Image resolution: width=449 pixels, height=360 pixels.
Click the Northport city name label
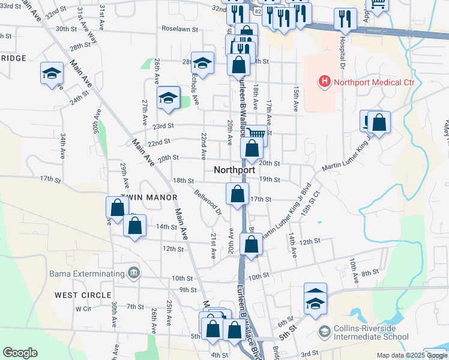pyautogui.click(x=234, y=170)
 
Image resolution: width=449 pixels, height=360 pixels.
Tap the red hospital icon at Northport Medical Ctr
pyautogui.click(x=324, y=82)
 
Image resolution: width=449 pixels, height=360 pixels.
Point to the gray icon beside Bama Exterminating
pyautogui.click(x=133, y=274)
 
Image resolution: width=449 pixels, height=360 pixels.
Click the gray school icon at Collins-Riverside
pyautogui.click(x=325, y=331)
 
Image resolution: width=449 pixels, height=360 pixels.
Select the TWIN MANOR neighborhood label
pyautogui.click(x=149, y=197)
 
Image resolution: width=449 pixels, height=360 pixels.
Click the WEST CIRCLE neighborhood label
pyautogui.click(x=83, y=295)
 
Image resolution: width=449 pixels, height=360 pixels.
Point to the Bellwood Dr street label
pyautogui.click(x=208, y=202)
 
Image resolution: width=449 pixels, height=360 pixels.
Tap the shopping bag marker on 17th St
pyautogui.click(x=238, y=194)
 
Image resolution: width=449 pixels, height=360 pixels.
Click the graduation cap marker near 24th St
pyautogui.click(x=52, y=74)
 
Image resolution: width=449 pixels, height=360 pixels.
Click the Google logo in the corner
pyautogui.click(x=20, y=353)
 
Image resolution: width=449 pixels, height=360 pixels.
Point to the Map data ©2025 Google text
pyautogui.click(x=411, y=355)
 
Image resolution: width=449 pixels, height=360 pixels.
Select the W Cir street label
pyautogui.click(x=83, y=308)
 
